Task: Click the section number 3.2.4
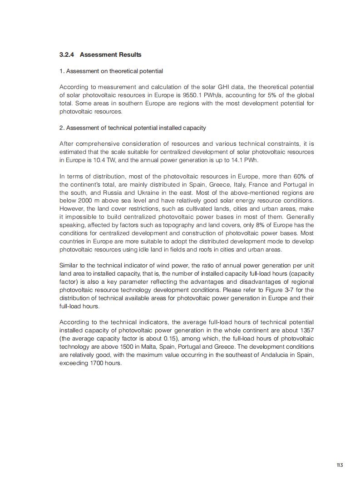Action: point(67,55)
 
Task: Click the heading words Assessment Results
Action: point(110,55)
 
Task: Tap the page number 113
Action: point(340,465)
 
